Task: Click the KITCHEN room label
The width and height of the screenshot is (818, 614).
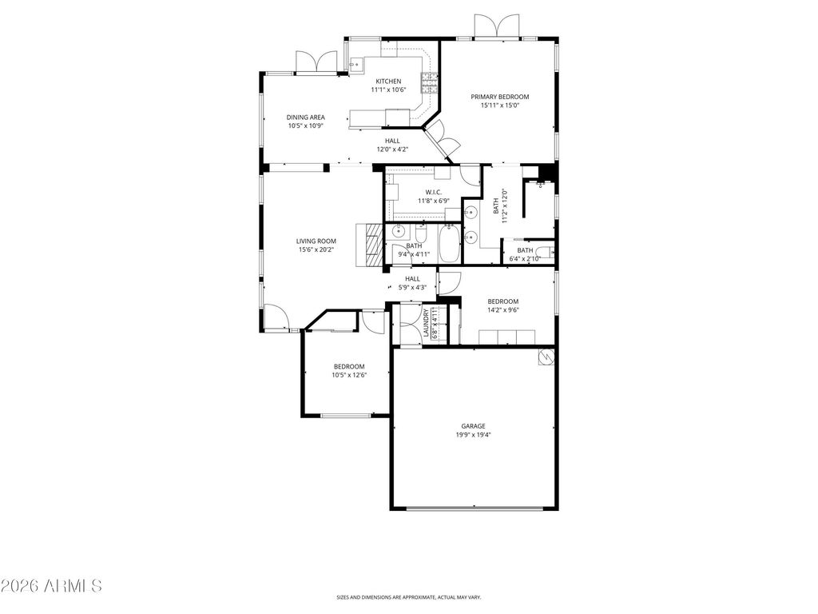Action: [x=389, y=82]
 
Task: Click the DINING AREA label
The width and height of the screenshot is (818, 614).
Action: [x=306, y=118]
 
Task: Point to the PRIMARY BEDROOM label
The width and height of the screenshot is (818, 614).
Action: [x=505, y=97]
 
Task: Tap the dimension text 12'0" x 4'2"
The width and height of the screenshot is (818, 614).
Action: [x=391, y=150]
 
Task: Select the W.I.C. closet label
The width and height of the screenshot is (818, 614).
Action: [x=433, y=192]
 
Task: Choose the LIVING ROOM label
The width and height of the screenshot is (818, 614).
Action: [x=316, y=241]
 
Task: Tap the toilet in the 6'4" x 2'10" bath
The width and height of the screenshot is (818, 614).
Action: [x=550, y=253]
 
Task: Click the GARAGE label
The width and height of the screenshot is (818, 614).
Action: [x=473, y=426]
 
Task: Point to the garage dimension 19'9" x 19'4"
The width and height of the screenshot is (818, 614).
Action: [x=473, y=435]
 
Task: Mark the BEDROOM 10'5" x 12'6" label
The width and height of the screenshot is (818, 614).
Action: [x=349, y=366]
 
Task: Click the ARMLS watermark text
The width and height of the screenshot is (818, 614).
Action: [x=52, y=586]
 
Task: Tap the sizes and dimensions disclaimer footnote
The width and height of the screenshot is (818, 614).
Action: [x=408, y=596]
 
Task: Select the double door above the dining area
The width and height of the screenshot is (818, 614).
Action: [x=316, y=62]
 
